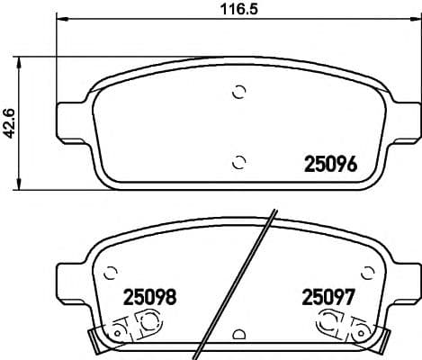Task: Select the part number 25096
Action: (x=332, y=165)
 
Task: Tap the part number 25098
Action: (x=148, y=294)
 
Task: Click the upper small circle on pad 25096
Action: (x=238, y=91)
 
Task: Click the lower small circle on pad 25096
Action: (x=238, y=162)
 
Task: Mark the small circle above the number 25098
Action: (x=112, y=272)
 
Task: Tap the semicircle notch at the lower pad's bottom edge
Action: (x=238, y=336)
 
